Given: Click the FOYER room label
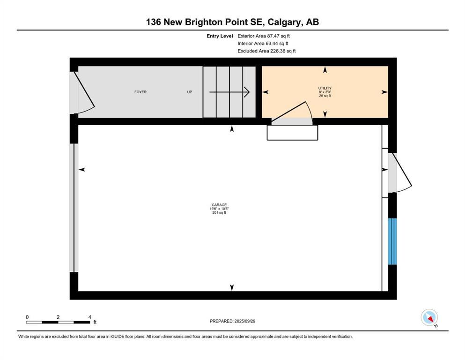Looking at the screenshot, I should point(140,92).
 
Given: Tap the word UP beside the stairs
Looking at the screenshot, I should point(190,92).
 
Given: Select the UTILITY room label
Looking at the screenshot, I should point(325,88).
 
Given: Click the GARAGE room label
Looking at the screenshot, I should point(219,205).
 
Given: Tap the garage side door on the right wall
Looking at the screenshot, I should point(399,172).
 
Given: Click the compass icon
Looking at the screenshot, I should point(429,318).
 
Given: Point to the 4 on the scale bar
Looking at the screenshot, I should point(89,317).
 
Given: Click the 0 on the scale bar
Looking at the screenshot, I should point(27,317).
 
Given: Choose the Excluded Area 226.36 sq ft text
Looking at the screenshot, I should point(266,51).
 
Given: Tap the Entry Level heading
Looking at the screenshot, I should point(220,36).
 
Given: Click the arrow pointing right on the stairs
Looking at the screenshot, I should point(229,92).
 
